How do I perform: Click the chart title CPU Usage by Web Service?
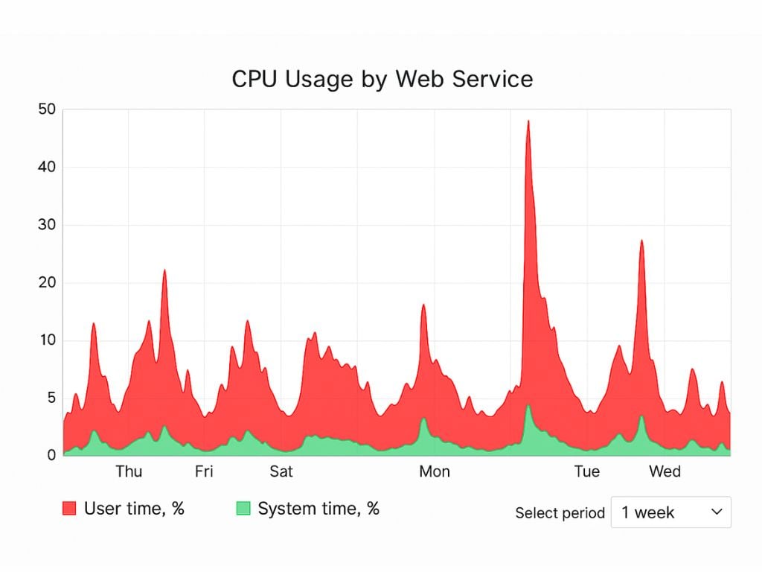382,79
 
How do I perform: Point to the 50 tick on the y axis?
47,109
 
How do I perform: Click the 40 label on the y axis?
47,167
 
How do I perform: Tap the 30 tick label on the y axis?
47,225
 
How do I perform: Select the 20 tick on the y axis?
47,283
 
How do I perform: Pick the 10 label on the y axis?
47,340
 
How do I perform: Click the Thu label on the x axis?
129,471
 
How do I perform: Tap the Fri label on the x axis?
204,471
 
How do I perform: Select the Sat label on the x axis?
281,471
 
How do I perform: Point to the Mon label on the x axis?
435,471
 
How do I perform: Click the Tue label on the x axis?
587,471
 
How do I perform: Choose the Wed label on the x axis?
665,471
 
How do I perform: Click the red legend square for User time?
69,509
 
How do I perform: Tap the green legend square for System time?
243,509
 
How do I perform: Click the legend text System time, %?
318,509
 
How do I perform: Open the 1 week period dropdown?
670,512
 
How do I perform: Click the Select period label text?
560,513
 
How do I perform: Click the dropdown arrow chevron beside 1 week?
717,512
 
